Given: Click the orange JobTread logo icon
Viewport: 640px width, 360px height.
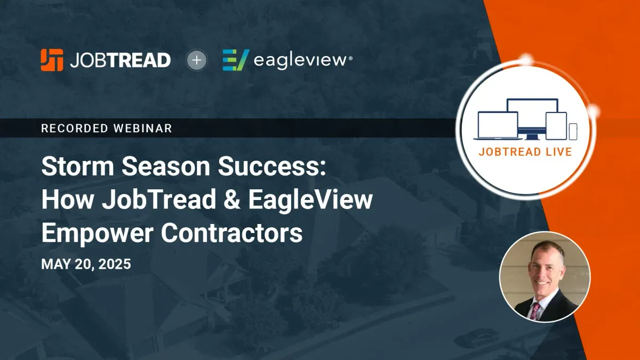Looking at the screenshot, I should pyautogui.click(x=52, y=60).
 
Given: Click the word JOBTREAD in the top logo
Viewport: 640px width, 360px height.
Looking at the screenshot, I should pyautogui.click(x=120, y=60).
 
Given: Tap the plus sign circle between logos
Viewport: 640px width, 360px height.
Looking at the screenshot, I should pyautogui.click(x=197, y=60).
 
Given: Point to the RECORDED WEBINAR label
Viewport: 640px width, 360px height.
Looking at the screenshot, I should pyautogui.click(x=106, y=128).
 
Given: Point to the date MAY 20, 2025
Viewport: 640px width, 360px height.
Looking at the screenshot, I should pyautogui.click(x=86, y=265).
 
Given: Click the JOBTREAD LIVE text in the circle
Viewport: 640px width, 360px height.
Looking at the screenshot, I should pyautogui.click(x=525, y=151).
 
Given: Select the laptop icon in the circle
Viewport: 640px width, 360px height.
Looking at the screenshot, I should pyautogui.click(x=498, y=125).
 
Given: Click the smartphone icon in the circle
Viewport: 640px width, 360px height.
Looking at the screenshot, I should pyautogui.click(x=573, y=131).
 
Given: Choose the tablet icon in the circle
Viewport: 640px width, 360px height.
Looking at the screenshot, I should pyautogui.click(x=555, y=125).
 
